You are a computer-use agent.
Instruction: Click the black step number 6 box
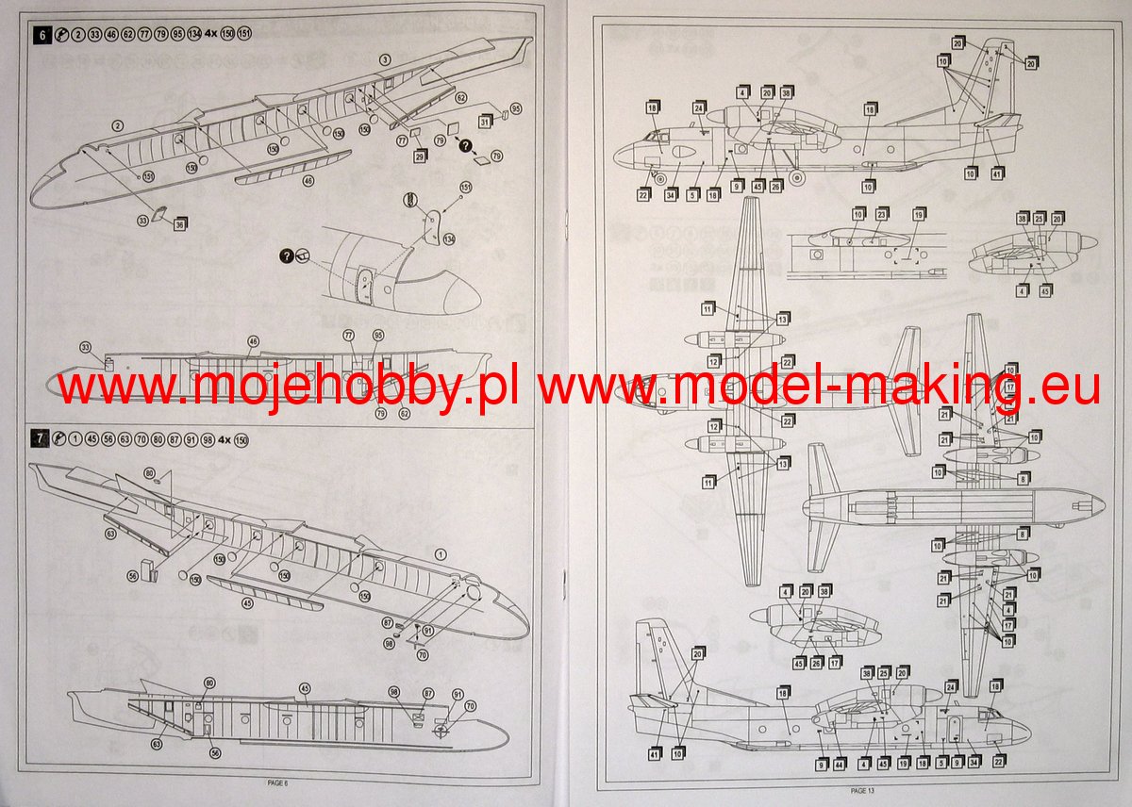coord(41,36)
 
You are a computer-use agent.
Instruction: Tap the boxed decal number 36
coord(179,223)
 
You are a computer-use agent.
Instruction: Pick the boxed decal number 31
coord(485,121)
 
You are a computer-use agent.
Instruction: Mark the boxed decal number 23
coord(881,215)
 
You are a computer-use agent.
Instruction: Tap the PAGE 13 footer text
coord(863,790)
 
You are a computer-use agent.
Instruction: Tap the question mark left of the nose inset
coord(286,255)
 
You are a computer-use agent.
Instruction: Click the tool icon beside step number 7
coord(58,437)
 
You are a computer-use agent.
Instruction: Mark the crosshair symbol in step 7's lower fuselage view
coord(440,730)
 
